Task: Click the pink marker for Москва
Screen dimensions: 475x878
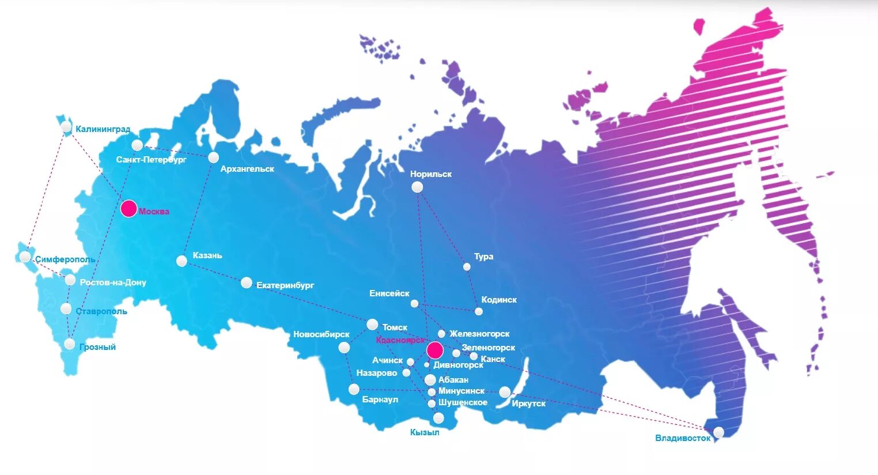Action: coord(129,209)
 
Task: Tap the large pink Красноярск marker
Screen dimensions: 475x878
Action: coord(435,350)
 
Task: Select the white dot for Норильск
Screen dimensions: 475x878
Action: coord(417,187)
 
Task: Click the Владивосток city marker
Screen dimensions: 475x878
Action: coord(718,432)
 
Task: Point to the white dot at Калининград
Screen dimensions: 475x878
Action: coord(66,127)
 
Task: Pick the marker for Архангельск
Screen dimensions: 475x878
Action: coord(214,157)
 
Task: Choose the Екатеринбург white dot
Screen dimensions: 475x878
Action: coord(247,282)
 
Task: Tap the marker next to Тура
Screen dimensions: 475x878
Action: coord(467,266)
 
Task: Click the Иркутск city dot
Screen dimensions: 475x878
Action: coord(505,392)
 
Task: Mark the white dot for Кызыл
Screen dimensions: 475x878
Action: coord(438,418)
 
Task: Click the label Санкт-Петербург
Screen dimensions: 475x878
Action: coord(152,160)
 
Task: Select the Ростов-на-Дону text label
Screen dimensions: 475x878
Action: coord(113,282)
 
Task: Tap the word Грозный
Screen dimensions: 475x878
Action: coord(98,347)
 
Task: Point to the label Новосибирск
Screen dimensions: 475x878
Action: coord(321,334)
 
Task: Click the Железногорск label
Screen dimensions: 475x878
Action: coord(479,334)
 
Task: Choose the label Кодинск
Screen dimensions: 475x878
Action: coord(499,300)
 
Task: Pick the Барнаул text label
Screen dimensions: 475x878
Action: coord(380,399)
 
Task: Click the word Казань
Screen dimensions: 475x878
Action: coord(207,255)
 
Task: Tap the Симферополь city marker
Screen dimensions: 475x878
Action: coord(25,257)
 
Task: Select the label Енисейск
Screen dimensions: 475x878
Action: coord(389,293)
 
